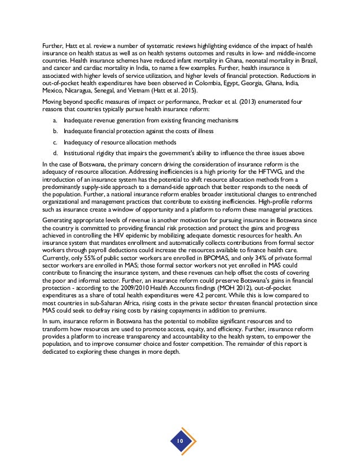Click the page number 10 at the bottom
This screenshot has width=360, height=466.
[x=179, y=440]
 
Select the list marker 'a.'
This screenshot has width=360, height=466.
[x=54, y=121]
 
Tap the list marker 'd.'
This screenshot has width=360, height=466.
[x=54, y=152]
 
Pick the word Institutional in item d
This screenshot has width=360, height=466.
[x=80, y=152]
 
